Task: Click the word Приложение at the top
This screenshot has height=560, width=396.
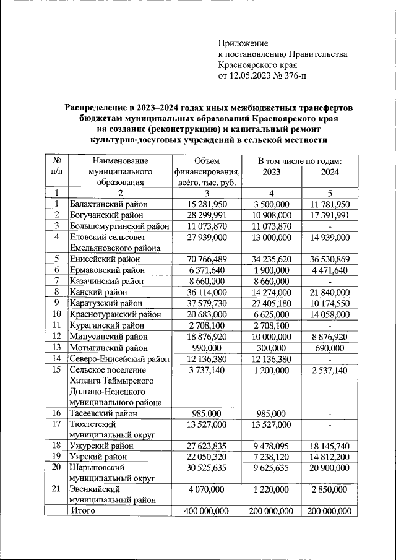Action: pyautogui.click(x=243, y=43)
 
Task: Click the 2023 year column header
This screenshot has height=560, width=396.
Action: pyautogui.click(x=272, y=171)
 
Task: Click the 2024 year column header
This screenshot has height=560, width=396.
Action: pyautogui.click(x=330, y=171)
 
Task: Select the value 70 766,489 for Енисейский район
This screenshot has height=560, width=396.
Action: pyautogui.click(x=207, y=258)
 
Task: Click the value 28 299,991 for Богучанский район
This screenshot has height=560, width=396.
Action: pyautogui.click(x=207, y=215)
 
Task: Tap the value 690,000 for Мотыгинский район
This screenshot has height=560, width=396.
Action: pyautogui.click(x=330, y=347)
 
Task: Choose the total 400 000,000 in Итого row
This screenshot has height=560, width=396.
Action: pyautogui.click(x=207, y=511)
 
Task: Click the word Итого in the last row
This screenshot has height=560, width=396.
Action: pyautogui.click(x=86, y=511)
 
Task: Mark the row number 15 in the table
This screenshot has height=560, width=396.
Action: pyautogui.click(x=56, y=369)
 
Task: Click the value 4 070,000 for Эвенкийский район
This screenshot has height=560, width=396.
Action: pyautogui.click(x=207, y=489)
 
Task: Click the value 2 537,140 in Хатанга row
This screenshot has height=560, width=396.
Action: pyautogui.click(x=330, y=369)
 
